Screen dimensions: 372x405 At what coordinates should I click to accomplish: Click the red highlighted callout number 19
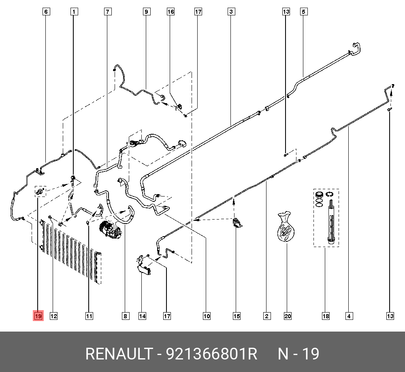pyautogui.click(x=38, y=316)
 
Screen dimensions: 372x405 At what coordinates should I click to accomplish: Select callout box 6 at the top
pyautogui.click(x=46, y=12)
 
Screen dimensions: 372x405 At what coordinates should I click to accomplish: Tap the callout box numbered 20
pyautogui.click(x=288, y=316)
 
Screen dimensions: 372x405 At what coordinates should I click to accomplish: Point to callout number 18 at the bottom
pyautogui.click(x=326, y=316)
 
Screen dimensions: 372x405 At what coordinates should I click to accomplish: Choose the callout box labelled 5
pyautogui.click(x=303, y=12)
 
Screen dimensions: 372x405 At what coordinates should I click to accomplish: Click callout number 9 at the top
pyautogui.click(x=146, y=12)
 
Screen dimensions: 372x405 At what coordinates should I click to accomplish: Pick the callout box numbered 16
pyautogui.click(x=171, y=12)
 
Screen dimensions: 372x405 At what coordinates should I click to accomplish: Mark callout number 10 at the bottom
pyautogui.click(x=207, y=316)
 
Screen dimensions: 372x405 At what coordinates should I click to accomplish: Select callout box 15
pyautogui.click(x=237, y=316)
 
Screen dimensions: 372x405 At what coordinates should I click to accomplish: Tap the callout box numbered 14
pyautogui.click(x=142, y=316)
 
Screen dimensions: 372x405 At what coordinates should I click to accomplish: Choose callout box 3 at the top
pyautogui.click(x=231, y=12)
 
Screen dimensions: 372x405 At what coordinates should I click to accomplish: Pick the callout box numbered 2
pyautogui.click(x=267, y=316)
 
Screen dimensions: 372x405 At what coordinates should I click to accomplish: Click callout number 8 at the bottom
pyautogui.click(x=126, y=316)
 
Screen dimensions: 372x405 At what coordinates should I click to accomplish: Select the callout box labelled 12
pyautogui.click(x=53, y=316)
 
